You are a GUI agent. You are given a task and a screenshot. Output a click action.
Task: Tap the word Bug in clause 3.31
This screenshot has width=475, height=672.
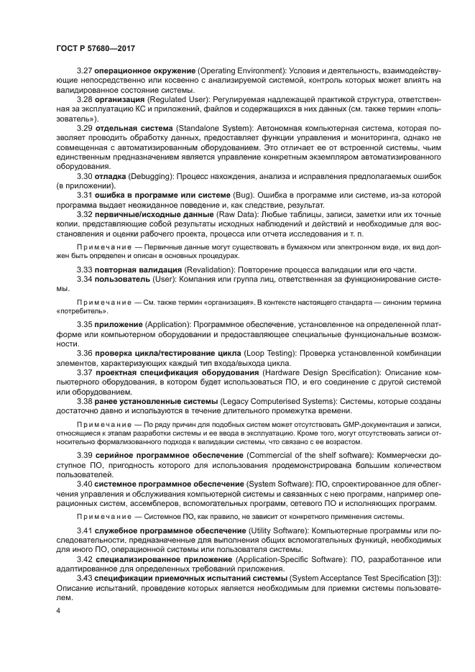[241, 195]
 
